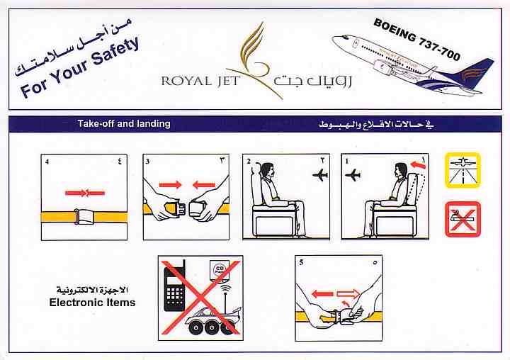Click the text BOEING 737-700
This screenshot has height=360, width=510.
click(x=417, y=40)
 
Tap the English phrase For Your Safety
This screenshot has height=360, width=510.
click(x=80, y=67)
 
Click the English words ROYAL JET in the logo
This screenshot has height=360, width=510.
click(x=200, y=81)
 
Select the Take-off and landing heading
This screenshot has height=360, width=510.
click(x=124, y=124)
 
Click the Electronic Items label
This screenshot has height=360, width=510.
click(x=92, y=303)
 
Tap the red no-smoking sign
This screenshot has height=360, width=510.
click(x=463, y=219)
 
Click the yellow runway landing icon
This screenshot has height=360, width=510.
click(x=463, y=170)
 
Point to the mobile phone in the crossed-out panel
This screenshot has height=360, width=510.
click(x=175, y=286)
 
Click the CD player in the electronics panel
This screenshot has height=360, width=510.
click(x=220, y=270)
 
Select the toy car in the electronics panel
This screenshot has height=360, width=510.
click(x=213, y=320)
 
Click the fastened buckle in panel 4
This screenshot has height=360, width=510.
click(x=85, y=216)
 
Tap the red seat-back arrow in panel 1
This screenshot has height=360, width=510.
click(x=418, y=165)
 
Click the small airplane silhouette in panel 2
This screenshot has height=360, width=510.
click(x=320, y=175)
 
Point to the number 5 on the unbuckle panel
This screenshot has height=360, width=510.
click(x=302, y=262)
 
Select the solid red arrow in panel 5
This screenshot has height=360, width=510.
click(x=322, y=294)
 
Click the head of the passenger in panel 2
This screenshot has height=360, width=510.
click(x=268, y=169)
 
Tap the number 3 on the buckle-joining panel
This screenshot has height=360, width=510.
click(x=147, y=162)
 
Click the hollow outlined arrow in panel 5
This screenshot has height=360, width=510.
click(x=348, y=295)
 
